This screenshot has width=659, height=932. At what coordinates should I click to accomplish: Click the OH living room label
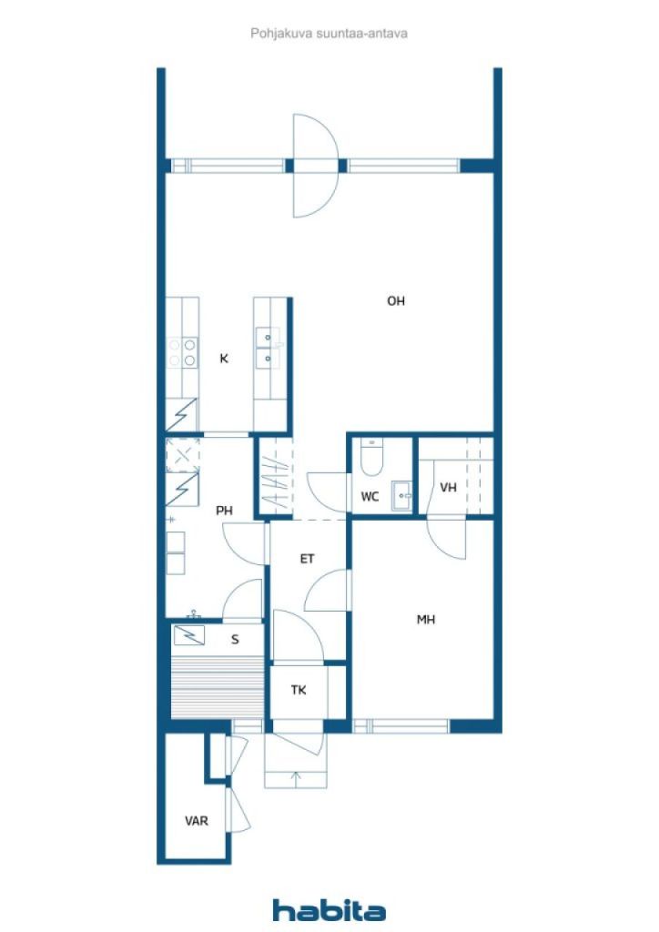coord(396,301)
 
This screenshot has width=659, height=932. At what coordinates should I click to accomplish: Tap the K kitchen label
coord(224,359)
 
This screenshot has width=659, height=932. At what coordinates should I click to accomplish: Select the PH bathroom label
coord(224,511)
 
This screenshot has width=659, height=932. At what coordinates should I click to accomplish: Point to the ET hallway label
coord(308,559)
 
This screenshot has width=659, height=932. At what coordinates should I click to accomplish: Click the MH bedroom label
coord(426,620)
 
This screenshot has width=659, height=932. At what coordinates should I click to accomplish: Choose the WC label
coord(370,497)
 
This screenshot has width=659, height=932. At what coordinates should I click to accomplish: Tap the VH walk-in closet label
coord(449,488)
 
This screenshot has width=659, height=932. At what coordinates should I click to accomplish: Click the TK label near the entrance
coord(299,690)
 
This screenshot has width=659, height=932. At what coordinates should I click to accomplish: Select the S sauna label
coord(236,640)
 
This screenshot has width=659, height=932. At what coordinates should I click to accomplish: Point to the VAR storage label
coord(197,822)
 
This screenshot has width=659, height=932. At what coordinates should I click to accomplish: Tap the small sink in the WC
coord(402,496)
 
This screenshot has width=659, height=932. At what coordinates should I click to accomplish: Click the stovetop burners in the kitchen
coord(182,352)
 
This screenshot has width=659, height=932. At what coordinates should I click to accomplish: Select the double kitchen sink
coord(268,348)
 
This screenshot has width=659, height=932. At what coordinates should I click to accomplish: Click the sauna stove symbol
coord(189,635)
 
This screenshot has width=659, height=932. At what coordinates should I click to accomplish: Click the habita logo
coord(329,910)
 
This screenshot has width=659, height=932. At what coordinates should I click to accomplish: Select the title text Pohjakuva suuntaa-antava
coord(329,34)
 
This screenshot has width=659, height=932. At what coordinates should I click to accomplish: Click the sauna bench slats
coord(217,687)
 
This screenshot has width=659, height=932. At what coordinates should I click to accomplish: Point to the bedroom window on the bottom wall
coord(401,725)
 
